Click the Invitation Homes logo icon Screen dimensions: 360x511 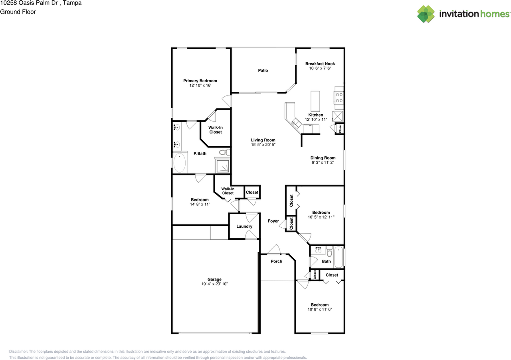[x=426, y=14]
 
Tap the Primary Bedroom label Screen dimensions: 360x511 [x=200, y=81]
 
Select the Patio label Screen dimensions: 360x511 [x=263, y=71]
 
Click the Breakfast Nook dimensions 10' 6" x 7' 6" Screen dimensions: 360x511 [x=320, y=69]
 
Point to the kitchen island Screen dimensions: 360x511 [x=315, y=101]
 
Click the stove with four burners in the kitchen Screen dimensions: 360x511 [x=339, y=98]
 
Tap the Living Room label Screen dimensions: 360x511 [x=263, y=140]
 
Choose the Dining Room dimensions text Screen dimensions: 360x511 [x=323, y=163]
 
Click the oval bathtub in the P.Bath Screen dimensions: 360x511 [x=180, y=163]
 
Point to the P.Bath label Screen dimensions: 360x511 [x=200, y=153]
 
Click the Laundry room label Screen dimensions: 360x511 [x=244, y=227]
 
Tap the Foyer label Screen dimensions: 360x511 [x=273, y=221]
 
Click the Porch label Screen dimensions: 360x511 [x=276, y=261]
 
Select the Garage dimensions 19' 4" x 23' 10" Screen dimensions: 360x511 [x=214, y=284]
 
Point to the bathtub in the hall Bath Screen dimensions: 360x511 [x=339, y=257]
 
